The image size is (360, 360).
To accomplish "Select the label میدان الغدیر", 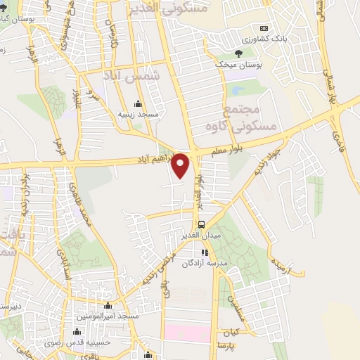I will [x=201, y=236].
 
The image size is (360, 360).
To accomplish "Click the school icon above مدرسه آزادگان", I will [x=205, y=252].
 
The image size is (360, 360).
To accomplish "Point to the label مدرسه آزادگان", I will [x=204, y=262].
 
